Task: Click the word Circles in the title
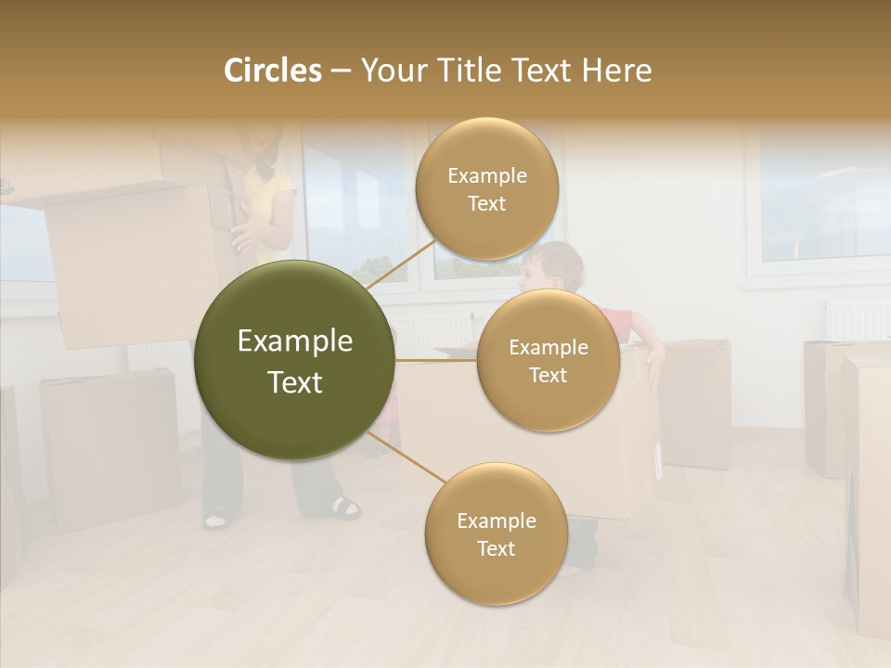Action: click(272, 71)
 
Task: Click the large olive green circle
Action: click(294, 360)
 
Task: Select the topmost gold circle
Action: click(486, 188)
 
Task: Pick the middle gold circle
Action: click(548, 360)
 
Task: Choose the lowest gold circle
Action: click(496, 533)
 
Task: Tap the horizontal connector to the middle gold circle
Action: click(436, 360)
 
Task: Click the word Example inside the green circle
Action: click(294, 341)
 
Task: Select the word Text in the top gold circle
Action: click(486, 203)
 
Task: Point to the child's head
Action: click(551, 266)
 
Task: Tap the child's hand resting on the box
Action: click(655, 364)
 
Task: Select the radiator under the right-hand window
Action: click(856, 321)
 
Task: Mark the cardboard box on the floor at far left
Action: click(109, 450)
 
